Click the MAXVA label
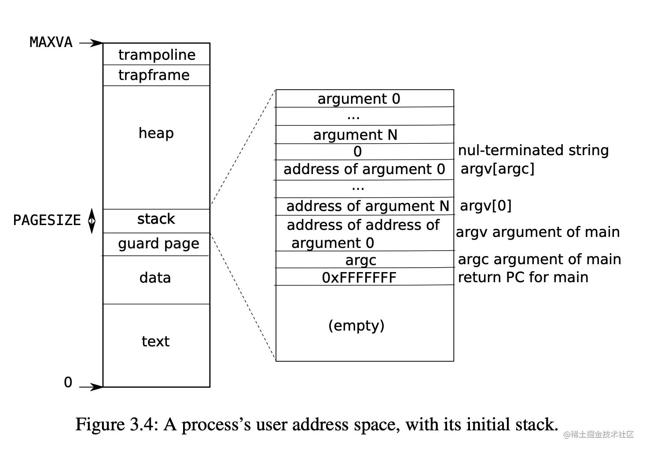click(x=51, y=43)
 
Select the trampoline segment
click(x=157, y=55)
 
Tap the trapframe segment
click(x=154, y=75)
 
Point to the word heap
click(x=156, y=133)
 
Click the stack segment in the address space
click(x=156, y=219)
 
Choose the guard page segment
click(x=158, y=244)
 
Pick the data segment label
click(x=155, y=278)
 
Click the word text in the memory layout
click(x=155, y=341)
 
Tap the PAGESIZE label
click(x=47, y=220)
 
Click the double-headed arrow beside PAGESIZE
click(x=92, y=221)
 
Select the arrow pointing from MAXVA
click(x=91, y=43)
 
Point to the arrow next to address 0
click(x=91, y=387)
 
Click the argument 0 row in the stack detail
click(x=359, y=99)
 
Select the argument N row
click(x=355, y=135)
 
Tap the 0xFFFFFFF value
click(x=359, y=277)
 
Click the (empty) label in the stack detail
click(x=356, y=325)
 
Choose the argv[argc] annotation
click(x=497, y=169)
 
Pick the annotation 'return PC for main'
click(x=523, y=277)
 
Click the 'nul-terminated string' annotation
click(x=533, y=150)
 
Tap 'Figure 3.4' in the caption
click(x=115, y=425)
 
